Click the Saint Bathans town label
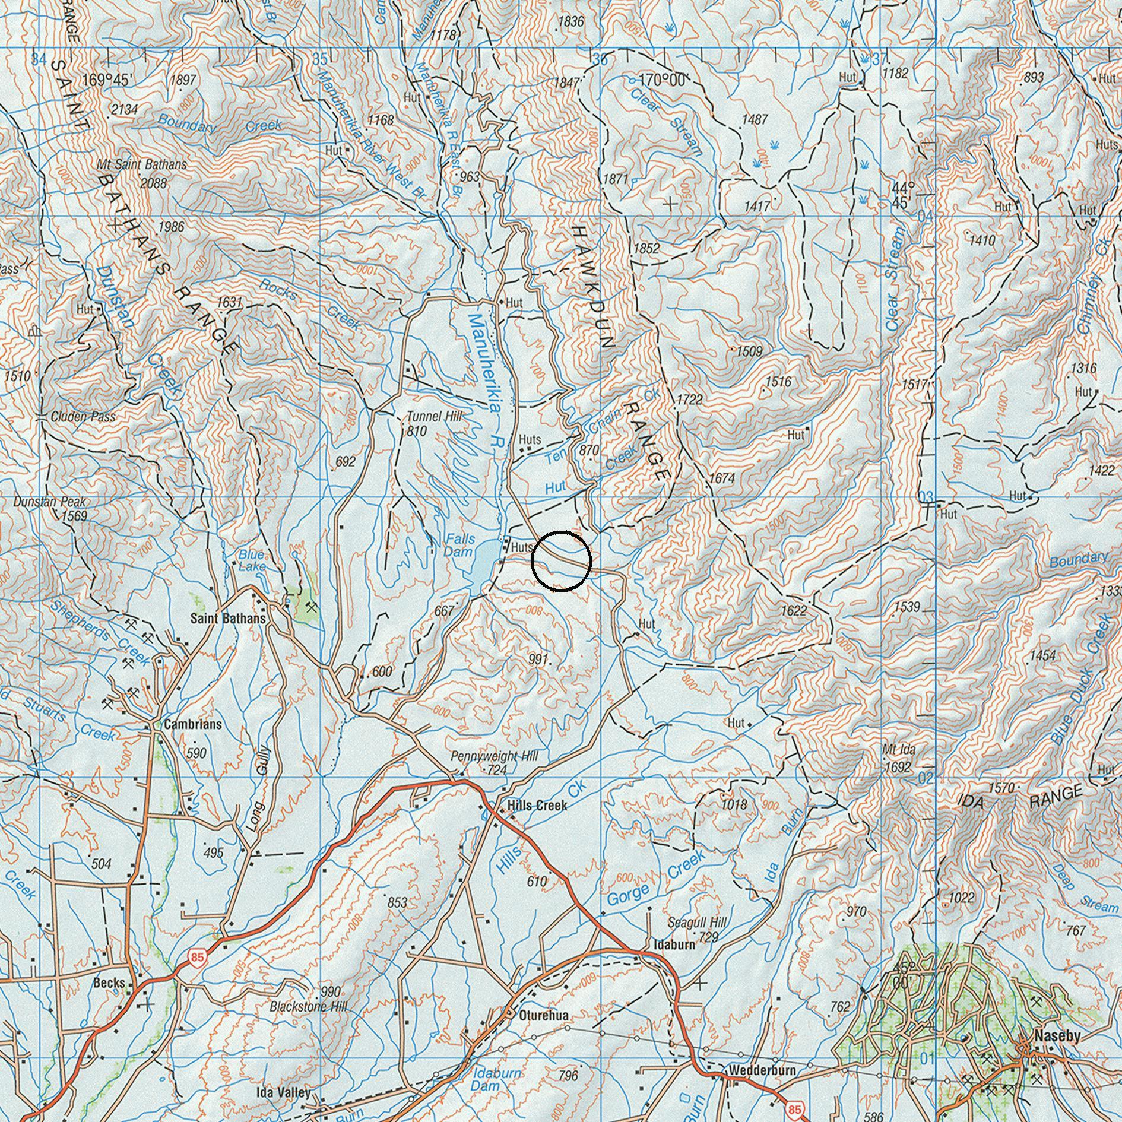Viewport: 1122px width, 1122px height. [x=228, y=619]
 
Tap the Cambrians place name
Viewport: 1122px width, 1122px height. [x=193, y=724]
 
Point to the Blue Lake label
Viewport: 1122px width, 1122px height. [x=252, y=560]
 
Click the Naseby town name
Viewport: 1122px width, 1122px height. [x=1057, y=1036]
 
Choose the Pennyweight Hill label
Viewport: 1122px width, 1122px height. [x=495, y=757]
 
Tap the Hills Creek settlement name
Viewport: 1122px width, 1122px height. [x=537, y=806]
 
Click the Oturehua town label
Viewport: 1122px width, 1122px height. [x=544, y=1016]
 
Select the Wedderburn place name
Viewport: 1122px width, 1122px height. [x=762, y=1070]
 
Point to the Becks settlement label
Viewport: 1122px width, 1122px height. [x=109, y=982]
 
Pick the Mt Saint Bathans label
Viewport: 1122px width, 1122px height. [x=142, y=164]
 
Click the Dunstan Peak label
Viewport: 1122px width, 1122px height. [x=50, y=502]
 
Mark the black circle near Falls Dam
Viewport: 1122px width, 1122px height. [x=561, y=562]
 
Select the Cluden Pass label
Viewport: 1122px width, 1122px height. [x=83, y=416]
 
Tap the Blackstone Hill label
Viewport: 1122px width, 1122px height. [x=308, y=1007]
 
